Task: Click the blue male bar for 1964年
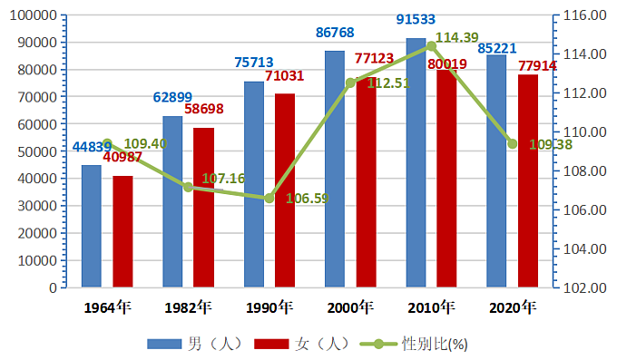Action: click(92, 226)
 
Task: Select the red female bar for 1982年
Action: click(204, 208)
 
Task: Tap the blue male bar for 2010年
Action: click(416, 163)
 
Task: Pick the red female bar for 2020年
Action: click(528, 181)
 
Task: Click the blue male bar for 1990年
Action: click(254, 184)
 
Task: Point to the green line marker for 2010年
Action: click(431, 46)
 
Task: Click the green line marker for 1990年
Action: click(269, 199)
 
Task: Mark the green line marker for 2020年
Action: click(513, 144)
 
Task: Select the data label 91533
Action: click(416, 19)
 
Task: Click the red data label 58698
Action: click(204, 109)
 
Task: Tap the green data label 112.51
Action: click(388, 83)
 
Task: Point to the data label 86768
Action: click(335, 33)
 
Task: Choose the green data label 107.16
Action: click(223, 179)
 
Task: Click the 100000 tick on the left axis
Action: click(34, 15)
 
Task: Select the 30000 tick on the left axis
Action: click(37, 206)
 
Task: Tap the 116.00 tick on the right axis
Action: click(584, 15)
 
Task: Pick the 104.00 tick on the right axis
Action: click(584, 249)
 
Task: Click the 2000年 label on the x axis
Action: click(350, 307)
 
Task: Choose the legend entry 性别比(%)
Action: click(414, 345)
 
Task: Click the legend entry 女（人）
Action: click(302, 345)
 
